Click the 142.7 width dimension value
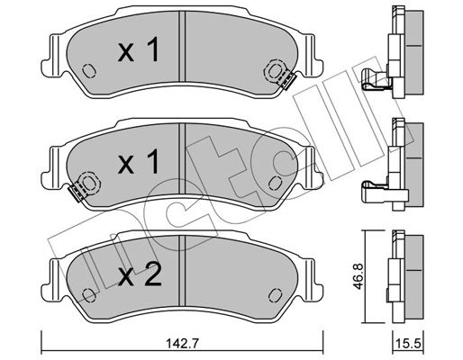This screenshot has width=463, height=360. click(182, 344)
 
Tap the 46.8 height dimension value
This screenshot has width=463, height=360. click(358, 276)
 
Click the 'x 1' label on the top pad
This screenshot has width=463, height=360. click(139, 50)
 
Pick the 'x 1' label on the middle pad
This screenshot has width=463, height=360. click(139, 162)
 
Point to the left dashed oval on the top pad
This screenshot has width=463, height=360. click(89, 71)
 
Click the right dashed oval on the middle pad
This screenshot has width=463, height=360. click(275, 183)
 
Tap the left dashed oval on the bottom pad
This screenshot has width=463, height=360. click(89, 295)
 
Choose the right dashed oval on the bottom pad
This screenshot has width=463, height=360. click(275, 295)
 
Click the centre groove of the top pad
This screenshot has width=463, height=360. click(182, 46)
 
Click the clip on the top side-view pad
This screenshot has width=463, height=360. click(375, 79)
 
